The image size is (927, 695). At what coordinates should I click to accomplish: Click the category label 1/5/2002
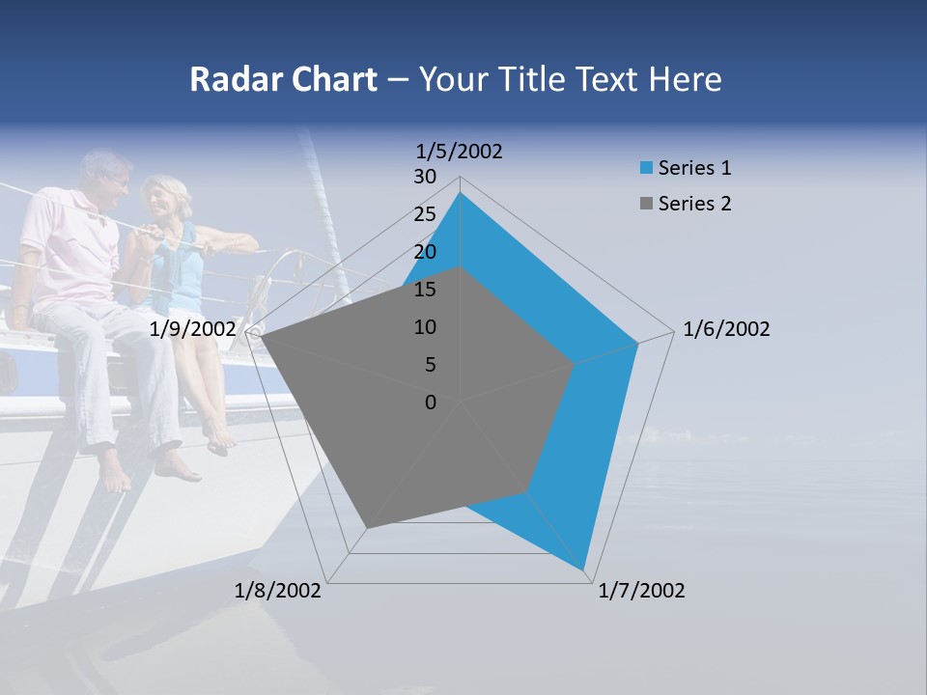(459, 152)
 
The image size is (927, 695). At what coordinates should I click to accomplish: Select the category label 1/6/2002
(726, 329)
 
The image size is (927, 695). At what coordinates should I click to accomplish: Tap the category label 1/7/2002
(641, 591)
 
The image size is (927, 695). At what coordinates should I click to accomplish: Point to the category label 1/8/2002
(278, 591)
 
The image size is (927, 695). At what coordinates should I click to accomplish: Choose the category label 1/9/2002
(193, 329)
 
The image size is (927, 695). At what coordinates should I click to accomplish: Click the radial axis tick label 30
(425, 177)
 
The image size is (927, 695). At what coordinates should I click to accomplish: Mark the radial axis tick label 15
(425, 290)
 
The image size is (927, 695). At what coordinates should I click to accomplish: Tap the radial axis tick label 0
(431, 403)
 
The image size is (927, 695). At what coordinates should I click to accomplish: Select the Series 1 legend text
(694, 168)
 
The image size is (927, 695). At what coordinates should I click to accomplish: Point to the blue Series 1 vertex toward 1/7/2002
(583, 569)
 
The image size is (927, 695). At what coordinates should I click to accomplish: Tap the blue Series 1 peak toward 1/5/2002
(460, 193)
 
